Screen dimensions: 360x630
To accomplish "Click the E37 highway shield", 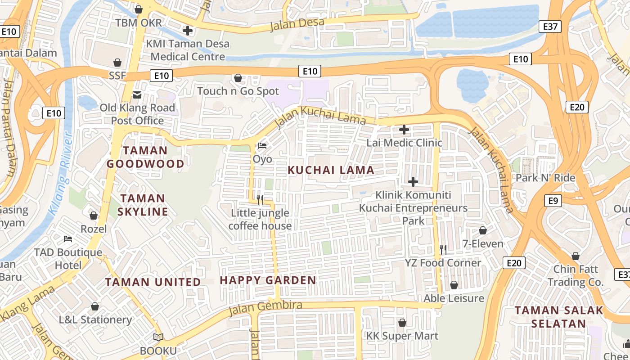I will (x=550, y=27).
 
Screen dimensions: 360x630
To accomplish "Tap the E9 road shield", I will (x=553, y=200).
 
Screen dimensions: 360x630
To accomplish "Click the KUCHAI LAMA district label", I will (x=331, y=170).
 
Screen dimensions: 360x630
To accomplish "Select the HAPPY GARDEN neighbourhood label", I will (x=268, y=280).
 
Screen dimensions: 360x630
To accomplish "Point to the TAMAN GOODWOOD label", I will (x=145, y=157).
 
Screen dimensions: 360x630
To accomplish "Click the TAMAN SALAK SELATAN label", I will (x=559, y=317).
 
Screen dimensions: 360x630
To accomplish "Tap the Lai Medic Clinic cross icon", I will (x=404, y=130).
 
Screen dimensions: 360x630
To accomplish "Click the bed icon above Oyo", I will (x=262, y=146).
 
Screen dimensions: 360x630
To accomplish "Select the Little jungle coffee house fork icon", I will (x=260, y=200).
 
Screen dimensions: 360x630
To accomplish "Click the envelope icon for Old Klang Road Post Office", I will (x=137, y=94).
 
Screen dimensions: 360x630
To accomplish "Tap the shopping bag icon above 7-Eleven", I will (x=483, y=230).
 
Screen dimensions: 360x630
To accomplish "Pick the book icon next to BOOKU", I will (x=158, y=337).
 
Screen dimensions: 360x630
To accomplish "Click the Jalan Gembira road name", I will (x=265, y=308).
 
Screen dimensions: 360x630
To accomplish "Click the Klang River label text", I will (x=61, y=173).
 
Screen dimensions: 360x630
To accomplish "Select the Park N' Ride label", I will (x=545, y=178).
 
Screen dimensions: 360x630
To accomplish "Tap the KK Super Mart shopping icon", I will (x=402, y=323).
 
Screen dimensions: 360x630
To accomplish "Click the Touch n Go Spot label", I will (x=238, y=91).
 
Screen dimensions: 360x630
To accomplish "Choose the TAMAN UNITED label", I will (x=153, y=282).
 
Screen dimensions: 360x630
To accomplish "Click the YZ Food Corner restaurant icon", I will (x=443, y=249).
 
